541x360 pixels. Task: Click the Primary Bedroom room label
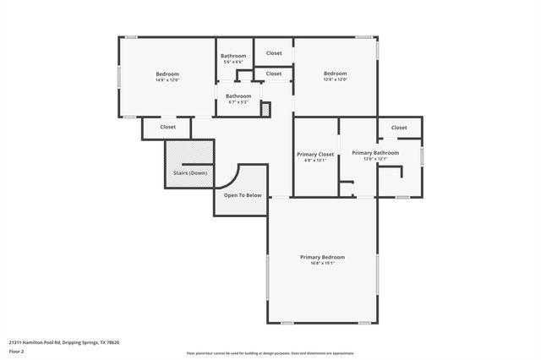(x=322, y=257)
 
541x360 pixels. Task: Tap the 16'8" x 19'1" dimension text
(x=322, y=263)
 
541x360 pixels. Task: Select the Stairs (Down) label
(x=190, y=172)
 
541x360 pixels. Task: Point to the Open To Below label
(x=243, y=195)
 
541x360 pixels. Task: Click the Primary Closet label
(x=315, y=154)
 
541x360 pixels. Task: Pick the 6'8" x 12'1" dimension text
(x=315, y=160)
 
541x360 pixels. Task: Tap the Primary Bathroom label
(x=375, y=152)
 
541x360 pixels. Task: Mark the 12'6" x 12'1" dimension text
(x=375, y=158)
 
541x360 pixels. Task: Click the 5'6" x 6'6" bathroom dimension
(x=233, y=62)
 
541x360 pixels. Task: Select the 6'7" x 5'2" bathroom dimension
(x=238, y=101)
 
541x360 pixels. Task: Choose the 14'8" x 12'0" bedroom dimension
(x=167, y=80)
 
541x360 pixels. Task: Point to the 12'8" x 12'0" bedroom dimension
(x=336, y=79)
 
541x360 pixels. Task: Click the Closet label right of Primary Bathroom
(x=399, y=128)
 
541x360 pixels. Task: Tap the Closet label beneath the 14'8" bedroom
(x=168, y=128)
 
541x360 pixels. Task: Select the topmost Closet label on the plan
(x=274, y=53)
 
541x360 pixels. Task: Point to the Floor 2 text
(x=18, y=352)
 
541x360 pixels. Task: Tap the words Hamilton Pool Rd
(x=43, y=342)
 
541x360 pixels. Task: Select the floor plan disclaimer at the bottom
(x=270, y=352)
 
